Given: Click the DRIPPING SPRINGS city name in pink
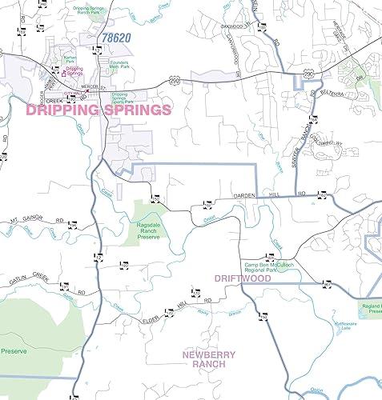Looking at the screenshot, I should pos(99,110).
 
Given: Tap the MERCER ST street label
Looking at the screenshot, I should pos(100,86).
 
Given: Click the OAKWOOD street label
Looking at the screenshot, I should pos(230,24).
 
